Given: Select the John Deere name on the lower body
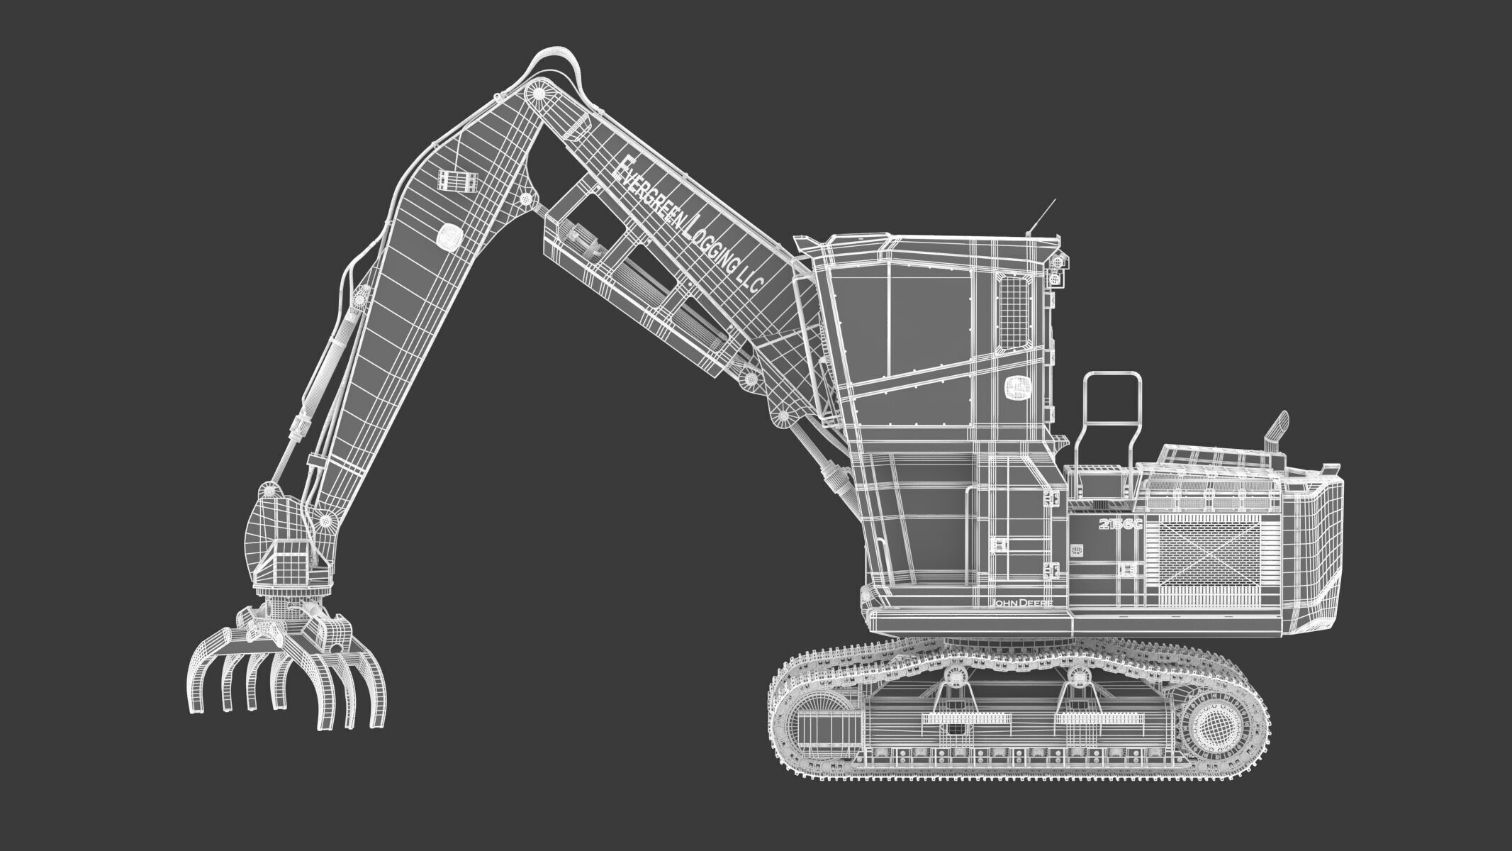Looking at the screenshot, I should [x=1021, y=602].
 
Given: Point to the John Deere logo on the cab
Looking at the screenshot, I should [x=1017, y=387].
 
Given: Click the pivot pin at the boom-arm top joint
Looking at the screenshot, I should [x=537, y=94].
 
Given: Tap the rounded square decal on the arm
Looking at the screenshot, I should [x=449, y=237].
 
